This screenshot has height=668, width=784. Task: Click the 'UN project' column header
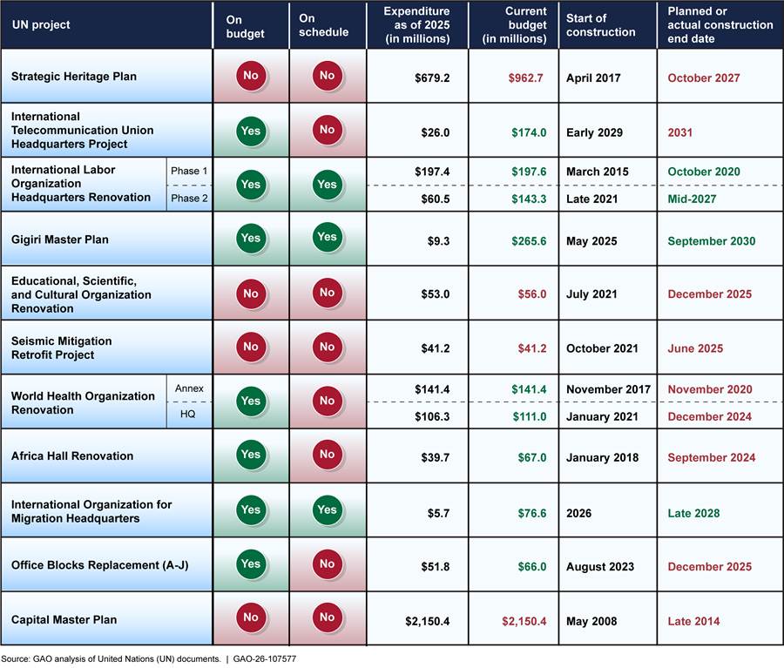coord(41,25)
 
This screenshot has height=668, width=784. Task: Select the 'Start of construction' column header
coord(601,25)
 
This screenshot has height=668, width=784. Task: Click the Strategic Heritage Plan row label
coord(74,77)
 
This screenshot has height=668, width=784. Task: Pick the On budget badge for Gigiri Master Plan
coord(250,238)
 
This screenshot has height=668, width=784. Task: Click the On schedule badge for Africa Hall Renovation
coord(327,455)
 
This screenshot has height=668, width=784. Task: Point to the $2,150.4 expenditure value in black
coord(427,620)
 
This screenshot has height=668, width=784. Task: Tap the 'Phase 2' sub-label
coord(188,198)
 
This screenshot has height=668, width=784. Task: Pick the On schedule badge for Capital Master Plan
coord(327,617)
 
